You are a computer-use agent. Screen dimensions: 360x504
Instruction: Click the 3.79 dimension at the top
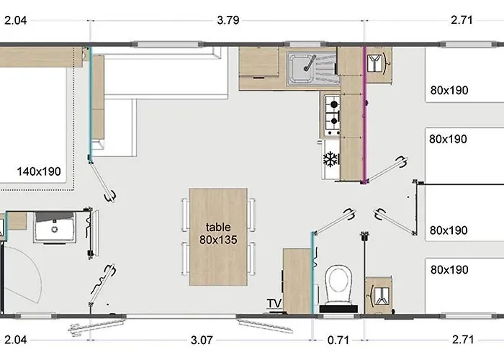click(x=228, y=20)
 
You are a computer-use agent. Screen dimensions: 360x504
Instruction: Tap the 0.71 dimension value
click(x=336, y=339)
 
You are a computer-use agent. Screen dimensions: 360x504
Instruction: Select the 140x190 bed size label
click(x=39, y=172)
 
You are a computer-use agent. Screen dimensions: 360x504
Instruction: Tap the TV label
click(x=274, y=303)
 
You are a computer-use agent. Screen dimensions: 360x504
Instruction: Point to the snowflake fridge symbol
click(x=331, y=158)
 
